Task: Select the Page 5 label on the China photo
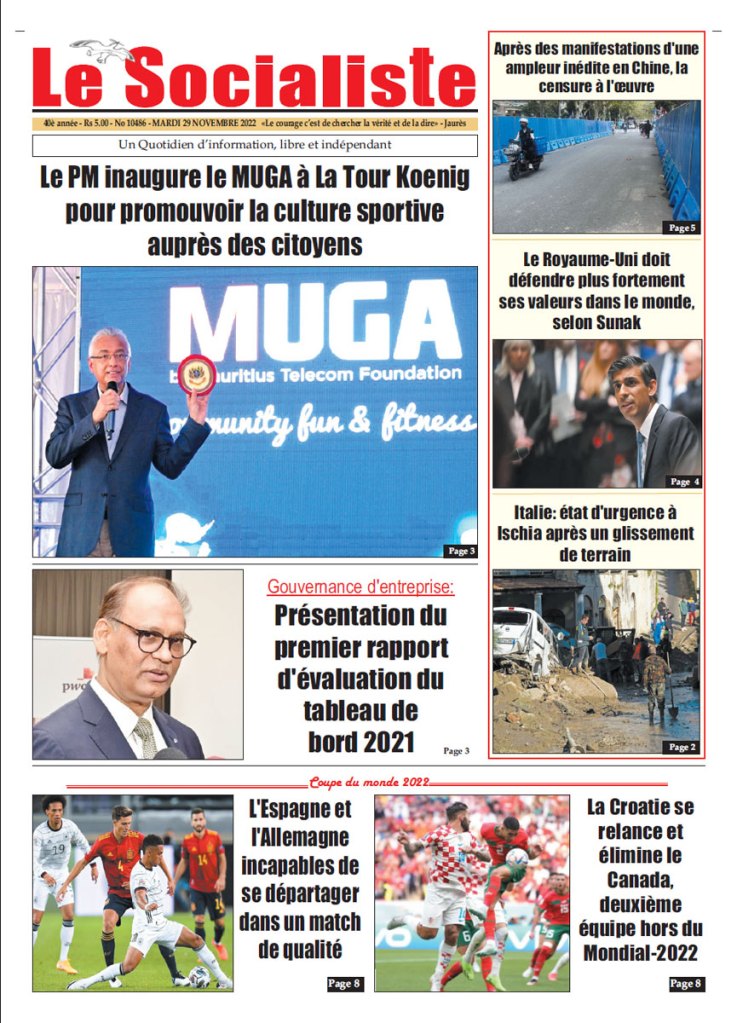click(681, 227)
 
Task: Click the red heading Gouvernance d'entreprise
click(360, 586)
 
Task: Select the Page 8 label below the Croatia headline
click(686, 983)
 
